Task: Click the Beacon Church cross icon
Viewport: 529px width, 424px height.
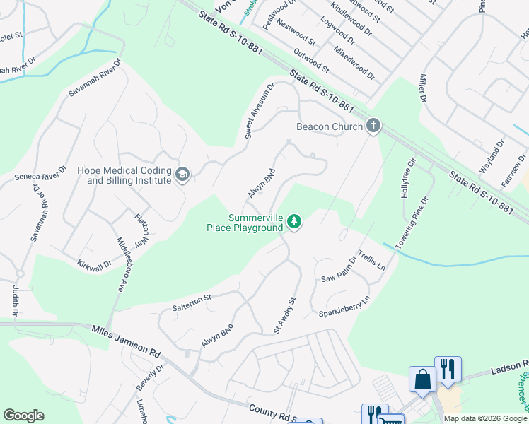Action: coord(373,126)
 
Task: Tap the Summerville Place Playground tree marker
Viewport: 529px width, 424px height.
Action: coord(294,223)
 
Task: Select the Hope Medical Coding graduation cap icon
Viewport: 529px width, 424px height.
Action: coord(182,175)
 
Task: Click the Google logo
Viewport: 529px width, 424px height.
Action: coord(23,416)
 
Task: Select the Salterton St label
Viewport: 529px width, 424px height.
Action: coord(192,302)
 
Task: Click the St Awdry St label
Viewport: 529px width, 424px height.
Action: coord(284,316)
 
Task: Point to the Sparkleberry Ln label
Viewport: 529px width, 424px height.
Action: coord(344,307)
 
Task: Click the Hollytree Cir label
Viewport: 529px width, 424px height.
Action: coord(406,179)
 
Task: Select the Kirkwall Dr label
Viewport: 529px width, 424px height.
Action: coord(94,263)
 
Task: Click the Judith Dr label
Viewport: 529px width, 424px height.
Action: coord(15,300)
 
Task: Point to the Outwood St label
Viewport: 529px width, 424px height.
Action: coord(312,61)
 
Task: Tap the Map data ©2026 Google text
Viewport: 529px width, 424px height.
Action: coord(485,418)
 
